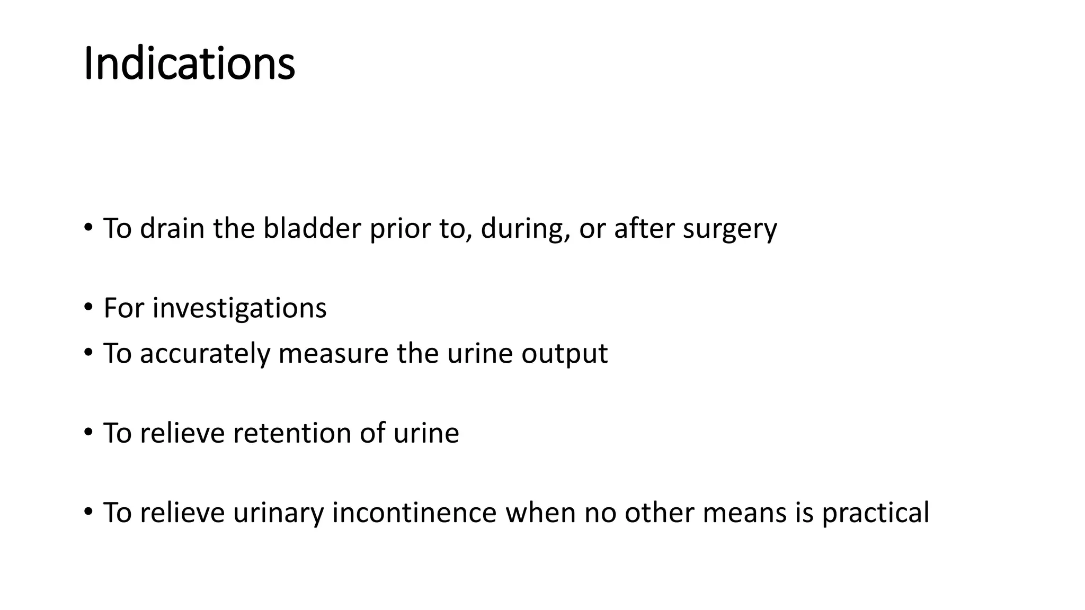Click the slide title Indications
[x=189, y=64]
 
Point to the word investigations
[x=239, y=308]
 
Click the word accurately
[x=204, y=353]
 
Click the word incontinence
[x=414, y=513]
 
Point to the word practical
[x=875, y=513]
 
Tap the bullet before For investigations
[x=88, y=307]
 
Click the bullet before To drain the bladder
[x=88, y=228]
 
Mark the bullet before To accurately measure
[x=88, y=352]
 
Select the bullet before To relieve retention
[x=88, y=432]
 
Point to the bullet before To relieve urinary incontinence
[x=88, y=512]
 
